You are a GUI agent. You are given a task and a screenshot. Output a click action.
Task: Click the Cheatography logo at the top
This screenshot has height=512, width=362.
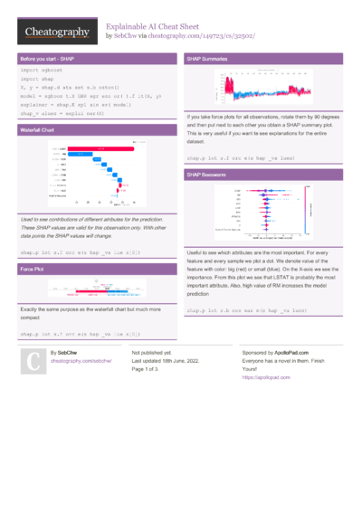[56, 32]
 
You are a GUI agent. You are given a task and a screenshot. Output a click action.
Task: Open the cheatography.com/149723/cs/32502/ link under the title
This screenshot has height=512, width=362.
[210, 36]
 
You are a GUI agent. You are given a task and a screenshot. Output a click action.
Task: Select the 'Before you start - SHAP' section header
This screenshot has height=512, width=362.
[45, 58]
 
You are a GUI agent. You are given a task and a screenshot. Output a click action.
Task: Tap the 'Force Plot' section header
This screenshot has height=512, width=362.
[32, 270]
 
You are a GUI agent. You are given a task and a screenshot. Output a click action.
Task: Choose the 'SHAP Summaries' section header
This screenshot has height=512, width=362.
[207, 58]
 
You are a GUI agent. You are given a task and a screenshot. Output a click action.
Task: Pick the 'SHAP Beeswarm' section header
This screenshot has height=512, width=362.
[207, 173]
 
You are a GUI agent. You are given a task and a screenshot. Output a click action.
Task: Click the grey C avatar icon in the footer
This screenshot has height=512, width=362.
[33, 362]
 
